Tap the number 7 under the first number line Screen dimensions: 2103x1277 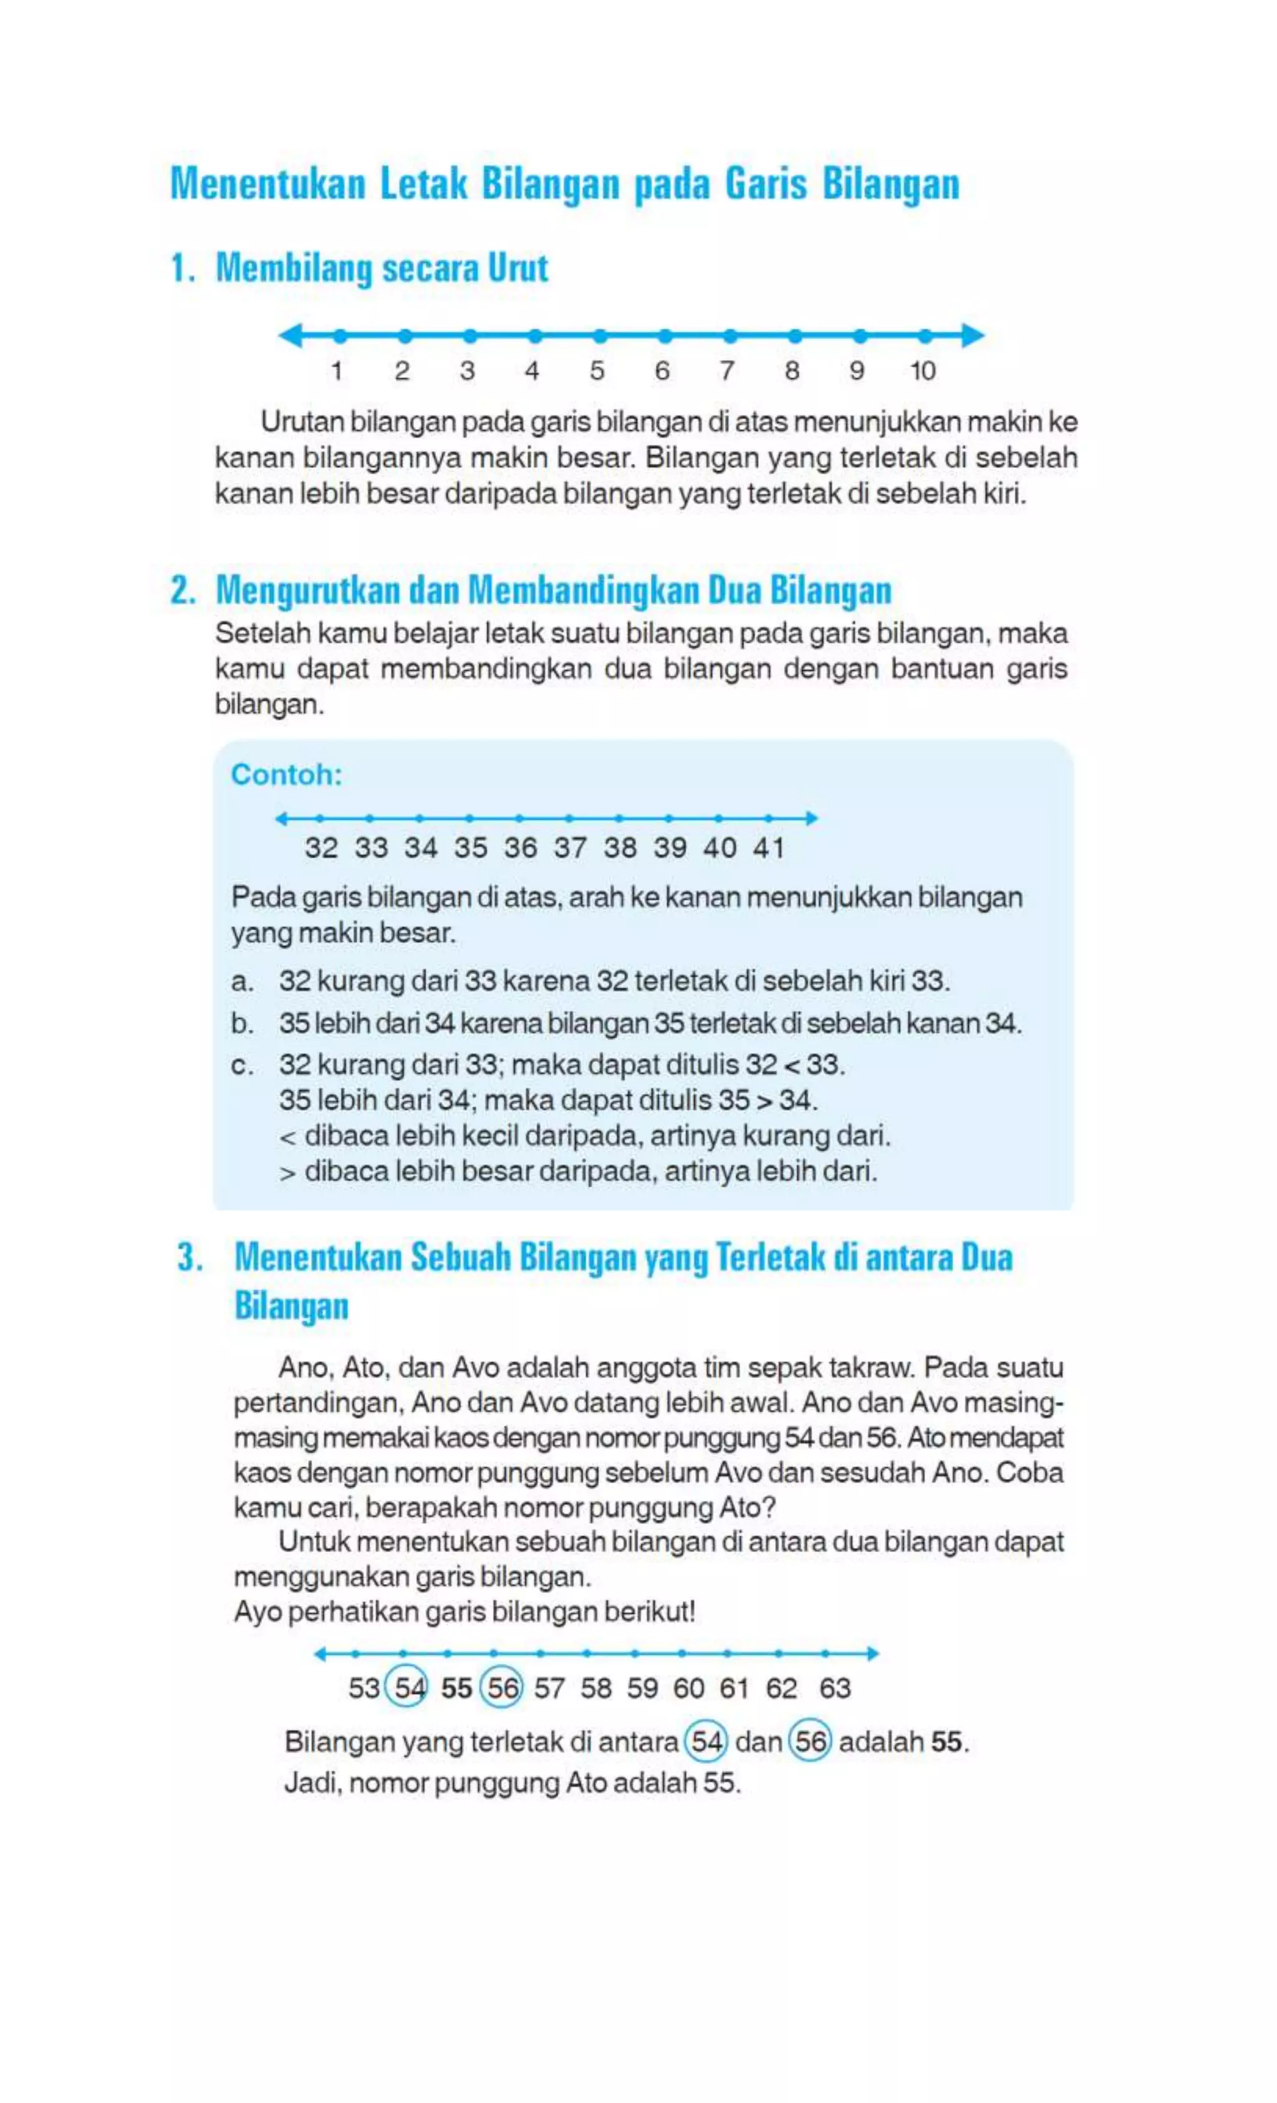(726, 370)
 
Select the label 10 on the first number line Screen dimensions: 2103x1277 (922, 370)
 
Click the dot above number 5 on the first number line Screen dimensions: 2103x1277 (600, 335)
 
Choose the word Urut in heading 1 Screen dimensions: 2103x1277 (518, 268)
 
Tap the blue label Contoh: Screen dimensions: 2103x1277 (286, 774)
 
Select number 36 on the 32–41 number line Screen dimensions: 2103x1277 (520, 847)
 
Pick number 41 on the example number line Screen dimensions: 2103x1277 (768, 847)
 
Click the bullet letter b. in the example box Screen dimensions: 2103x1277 (243, 1023)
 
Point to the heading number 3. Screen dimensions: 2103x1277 (190, 1257)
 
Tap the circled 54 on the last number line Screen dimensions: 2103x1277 (408, 1687)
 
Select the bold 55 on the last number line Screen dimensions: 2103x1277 (456, 1687)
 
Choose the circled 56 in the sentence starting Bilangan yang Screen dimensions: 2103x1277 (809, 1741)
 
